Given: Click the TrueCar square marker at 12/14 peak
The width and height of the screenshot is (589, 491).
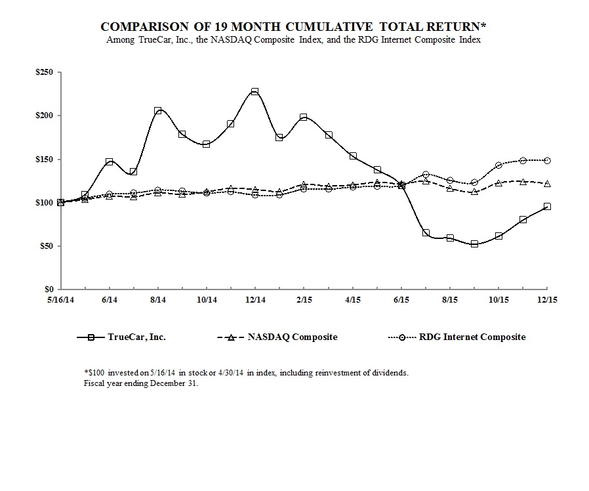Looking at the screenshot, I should (x=254, y=92).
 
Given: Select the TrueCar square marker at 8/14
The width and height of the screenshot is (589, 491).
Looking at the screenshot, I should (x=157, y=111).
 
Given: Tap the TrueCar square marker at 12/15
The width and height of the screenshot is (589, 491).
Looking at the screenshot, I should (x=547, y=206).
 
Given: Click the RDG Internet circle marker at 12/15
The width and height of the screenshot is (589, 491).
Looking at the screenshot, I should (x=547, y=160).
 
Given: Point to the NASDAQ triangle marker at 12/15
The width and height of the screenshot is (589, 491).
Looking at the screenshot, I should (x=547, y=183).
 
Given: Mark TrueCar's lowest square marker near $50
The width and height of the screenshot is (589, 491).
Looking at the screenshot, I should (x=474, y=244).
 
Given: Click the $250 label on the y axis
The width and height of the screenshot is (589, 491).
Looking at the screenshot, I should (x=45, y=72).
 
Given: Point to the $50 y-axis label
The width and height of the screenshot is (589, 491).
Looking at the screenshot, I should (x=47, y=246).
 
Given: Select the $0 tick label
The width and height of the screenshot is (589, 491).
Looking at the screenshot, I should (x=49, y=289).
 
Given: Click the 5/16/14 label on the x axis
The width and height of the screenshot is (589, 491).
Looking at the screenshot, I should (x=60, y=299).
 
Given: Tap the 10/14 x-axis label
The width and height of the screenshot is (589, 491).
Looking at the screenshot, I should (x=207, y=299).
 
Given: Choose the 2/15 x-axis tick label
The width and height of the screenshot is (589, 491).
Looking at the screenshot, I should (x=304, y=299).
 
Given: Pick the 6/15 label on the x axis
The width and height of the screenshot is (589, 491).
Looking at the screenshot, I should (x=401, y=299).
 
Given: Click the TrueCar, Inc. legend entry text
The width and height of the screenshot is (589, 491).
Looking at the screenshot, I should (x=136, y=337).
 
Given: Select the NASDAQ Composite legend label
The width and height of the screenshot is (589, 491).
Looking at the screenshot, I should (x=293, y=337).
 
